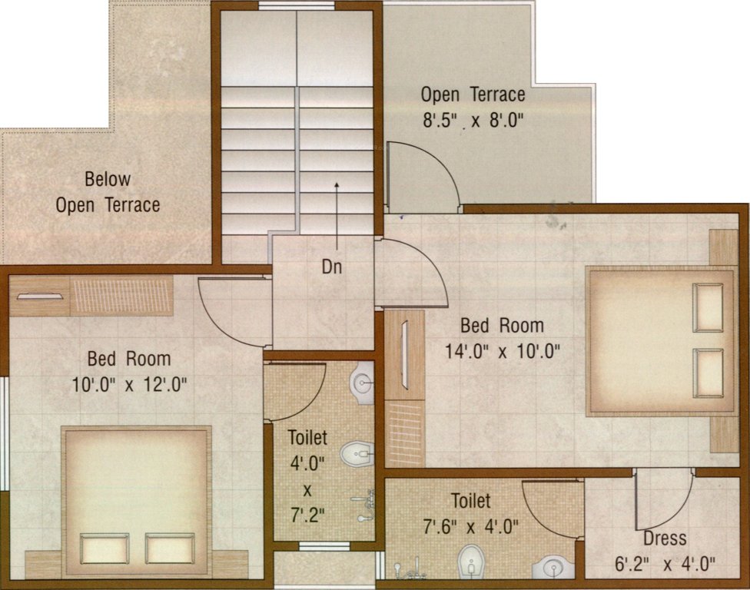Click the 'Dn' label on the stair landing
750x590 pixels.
coord(332,268)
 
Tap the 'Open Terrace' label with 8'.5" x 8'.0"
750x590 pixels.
coord(473,95)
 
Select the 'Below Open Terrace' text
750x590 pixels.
coord(108,192)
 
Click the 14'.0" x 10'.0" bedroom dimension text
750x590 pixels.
coord(503,351)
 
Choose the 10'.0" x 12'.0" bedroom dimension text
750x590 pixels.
coord(128,383)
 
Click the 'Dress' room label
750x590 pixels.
coord(665,538)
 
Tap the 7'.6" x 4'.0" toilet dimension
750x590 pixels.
coord(470,527)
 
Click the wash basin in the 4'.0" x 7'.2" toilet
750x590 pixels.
coord(363,381)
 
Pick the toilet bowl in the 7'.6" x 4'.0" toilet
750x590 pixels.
coord(470,562)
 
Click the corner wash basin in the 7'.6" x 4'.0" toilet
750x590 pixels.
coord(554,566)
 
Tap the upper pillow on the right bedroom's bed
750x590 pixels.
coord(708,307)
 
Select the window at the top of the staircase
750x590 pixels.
coord(296,6)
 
